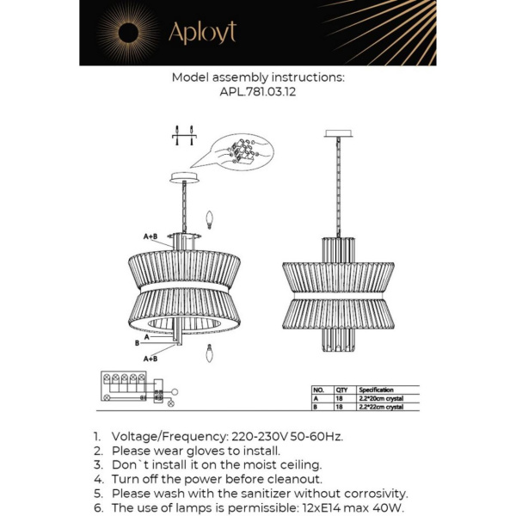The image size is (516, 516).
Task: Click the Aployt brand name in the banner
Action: click(x=202, y=33)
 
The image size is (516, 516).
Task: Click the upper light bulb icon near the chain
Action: click(x=207, y=218)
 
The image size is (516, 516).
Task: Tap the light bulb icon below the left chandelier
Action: click(x=207, y=353)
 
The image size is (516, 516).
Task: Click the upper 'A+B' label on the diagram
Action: click(x=150, y=235)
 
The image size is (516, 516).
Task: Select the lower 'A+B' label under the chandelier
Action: click(x=150, y=358)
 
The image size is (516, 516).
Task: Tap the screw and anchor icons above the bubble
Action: click(x=184, y=134)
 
